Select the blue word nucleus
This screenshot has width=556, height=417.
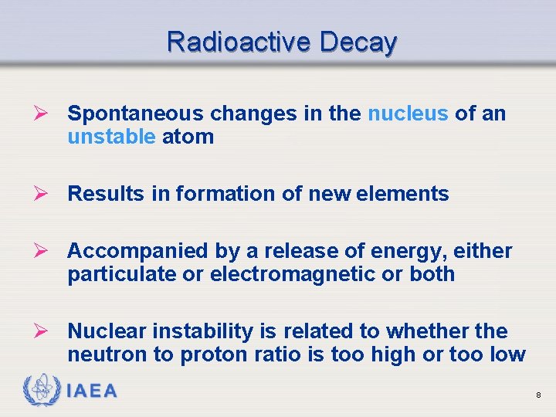pos(408,114)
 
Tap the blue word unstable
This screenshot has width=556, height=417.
pos(111,137)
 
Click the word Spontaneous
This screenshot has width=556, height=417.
pos(136,114)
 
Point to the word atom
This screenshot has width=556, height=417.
pos(188,137)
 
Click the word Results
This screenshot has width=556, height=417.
pos(106,194)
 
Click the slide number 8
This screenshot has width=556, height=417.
pos(538,395)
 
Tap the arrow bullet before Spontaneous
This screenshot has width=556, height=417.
pos(47,114)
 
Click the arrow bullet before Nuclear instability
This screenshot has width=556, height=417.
pos(47,331)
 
